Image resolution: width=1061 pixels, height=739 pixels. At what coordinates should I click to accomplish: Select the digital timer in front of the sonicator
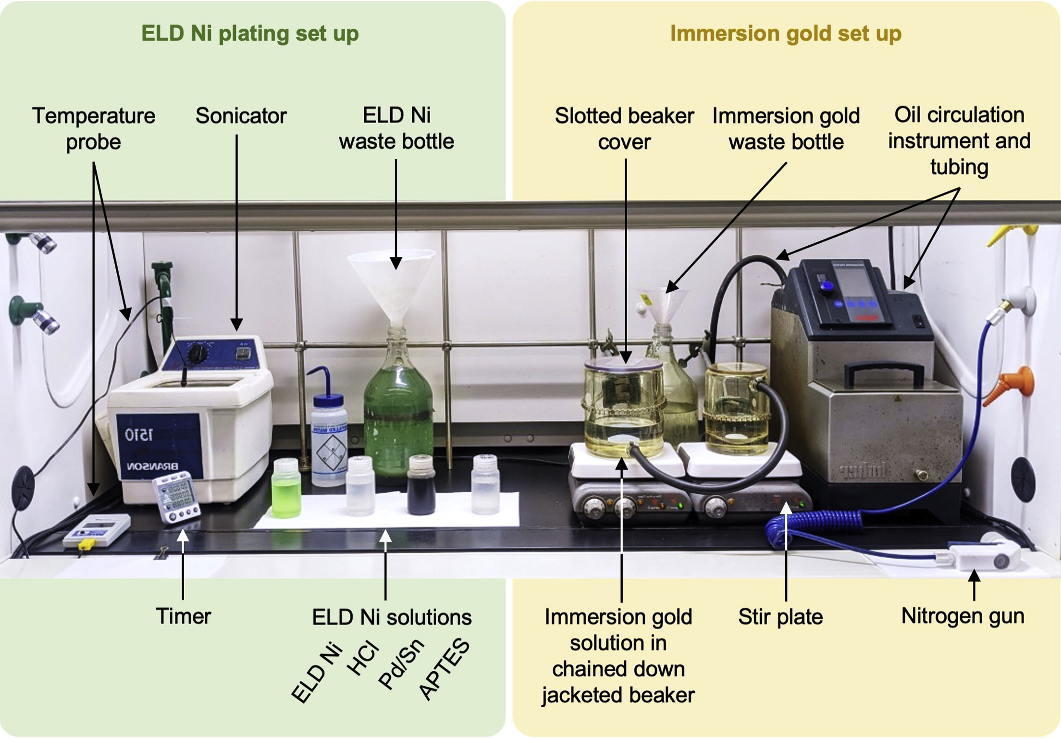coord(176,497)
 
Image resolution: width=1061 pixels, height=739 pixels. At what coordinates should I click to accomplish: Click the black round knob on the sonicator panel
coord(197,354)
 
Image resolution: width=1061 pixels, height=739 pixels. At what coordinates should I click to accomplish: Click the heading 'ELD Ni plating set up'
coord(250,34)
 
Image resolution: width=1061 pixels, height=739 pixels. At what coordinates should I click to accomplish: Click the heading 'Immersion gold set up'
coord(786,34)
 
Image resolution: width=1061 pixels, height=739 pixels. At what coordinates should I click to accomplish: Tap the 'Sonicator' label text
coord(241,116)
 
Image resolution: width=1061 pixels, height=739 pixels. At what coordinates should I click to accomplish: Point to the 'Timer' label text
coord(183,616)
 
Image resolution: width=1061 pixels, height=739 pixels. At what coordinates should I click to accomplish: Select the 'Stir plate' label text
coord(780,617)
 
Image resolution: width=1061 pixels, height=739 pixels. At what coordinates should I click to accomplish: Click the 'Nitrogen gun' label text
coord(962,616)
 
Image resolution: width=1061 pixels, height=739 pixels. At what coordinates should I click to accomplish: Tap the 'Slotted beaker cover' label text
coord(624,129)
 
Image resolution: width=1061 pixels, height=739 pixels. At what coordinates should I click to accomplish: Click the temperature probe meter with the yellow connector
coord(96,530)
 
